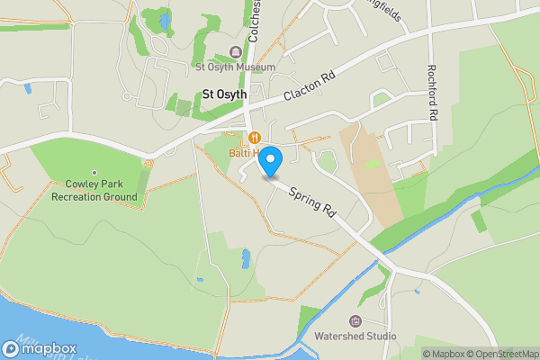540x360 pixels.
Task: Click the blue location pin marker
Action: [271, 160]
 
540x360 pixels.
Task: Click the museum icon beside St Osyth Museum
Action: [237, 52]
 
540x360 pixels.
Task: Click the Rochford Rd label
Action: [433, 94]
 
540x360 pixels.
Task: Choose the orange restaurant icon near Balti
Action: [256, 138]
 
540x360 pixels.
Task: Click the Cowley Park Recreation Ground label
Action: [94, 191]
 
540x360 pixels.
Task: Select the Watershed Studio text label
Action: [355, 337]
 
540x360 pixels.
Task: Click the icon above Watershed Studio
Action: [355, 321]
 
